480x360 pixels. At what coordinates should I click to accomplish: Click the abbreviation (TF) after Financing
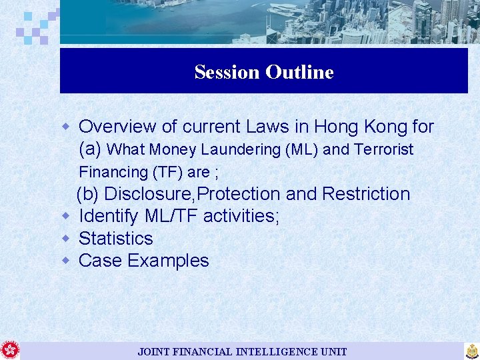tap(168, 172)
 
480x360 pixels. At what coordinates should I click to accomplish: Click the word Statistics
tap(116, 238)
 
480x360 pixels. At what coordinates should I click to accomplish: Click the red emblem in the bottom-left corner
tap(10, 350)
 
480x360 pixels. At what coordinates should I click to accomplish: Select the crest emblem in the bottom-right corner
tap(471, 351)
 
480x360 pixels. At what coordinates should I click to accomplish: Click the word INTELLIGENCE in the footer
tap(275, 351)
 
